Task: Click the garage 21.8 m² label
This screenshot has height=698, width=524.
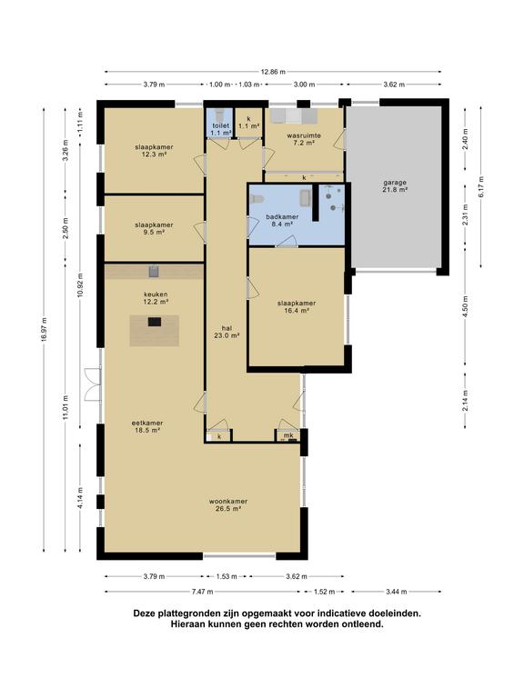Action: point(394,185)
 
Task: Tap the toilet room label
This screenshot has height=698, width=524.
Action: point(220,129)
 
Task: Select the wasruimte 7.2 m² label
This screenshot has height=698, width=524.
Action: point(304,139)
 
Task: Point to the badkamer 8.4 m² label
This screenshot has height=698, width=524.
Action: point(282,220)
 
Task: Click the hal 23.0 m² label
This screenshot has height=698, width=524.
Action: point(227,332)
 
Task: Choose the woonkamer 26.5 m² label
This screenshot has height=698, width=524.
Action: point(228,504)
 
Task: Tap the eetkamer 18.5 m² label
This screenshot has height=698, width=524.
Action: point(147,426)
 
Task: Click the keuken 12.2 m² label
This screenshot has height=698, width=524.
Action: point(156,298)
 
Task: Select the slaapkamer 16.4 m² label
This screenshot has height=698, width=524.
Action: point(297,306)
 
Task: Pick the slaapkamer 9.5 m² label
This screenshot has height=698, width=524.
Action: point(154,228)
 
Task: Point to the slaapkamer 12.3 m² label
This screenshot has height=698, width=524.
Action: point(154,151)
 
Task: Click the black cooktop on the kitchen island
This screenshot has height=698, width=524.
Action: point(155,322)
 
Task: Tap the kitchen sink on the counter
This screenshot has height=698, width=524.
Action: point(154,271)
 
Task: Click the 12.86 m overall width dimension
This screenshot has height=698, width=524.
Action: point(273,72)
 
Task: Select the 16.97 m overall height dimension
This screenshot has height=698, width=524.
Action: point(44,330)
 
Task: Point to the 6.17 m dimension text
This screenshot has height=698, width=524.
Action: point(480,187)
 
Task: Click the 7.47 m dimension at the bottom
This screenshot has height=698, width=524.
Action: point(202,592)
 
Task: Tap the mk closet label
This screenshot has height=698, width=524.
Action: point(288,435)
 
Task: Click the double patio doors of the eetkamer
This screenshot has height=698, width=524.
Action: point(93,384)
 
